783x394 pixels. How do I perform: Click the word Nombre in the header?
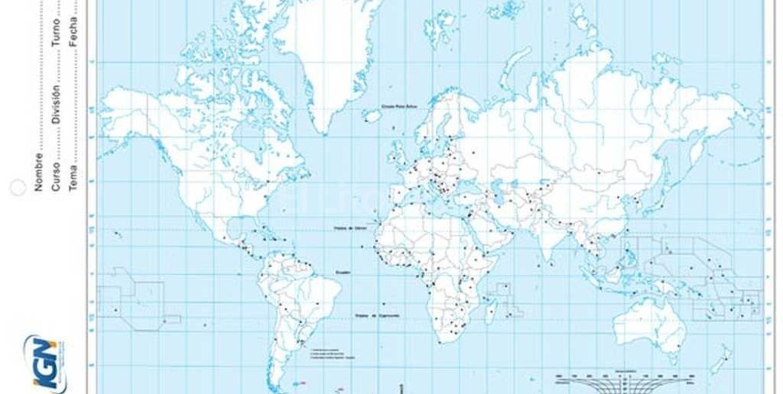pyautogui.click(x=39, y=172)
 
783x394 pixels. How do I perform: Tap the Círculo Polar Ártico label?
pyautogui.click(x=399, y=106)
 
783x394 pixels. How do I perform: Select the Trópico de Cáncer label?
pyautogui.click(x=349, y=229)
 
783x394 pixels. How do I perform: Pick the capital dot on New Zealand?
pyautogui.click(x=726, y=359)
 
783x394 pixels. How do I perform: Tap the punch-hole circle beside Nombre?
pyautogui.click(x=17, y=188)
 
